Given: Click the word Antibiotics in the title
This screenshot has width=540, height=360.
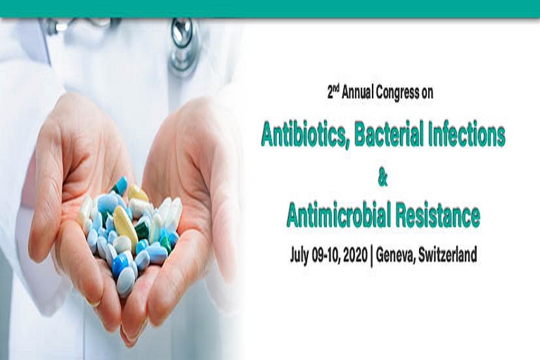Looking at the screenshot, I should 301,134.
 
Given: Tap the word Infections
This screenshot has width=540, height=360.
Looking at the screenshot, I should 465,134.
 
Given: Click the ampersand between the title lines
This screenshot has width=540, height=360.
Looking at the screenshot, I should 382,179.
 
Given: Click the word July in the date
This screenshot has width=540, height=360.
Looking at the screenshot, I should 301,255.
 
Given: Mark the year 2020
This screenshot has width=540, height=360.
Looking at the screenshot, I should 358,255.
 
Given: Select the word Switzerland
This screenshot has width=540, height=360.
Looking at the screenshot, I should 448,255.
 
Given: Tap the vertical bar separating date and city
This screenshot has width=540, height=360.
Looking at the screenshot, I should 372,255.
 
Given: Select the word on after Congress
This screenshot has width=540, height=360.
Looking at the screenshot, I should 427,92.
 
